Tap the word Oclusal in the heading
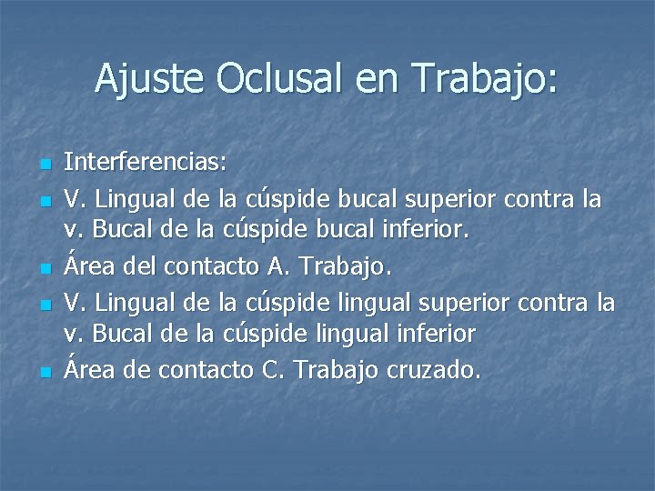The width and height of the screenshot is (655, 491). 277,79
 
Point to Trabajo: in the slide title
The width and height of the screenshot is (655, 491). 485,79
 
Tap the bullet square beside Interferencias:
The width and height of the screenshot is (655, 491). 45,165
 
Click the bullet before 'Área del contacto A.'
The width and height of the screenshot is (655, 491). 45,269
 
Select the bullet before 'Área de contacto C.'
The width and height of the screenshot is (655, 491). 45,372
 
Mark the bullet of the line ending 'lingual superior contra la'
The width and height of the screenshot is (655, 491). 45,304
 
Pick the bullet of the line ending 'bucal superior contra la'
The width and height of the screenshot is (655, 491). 45,200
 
